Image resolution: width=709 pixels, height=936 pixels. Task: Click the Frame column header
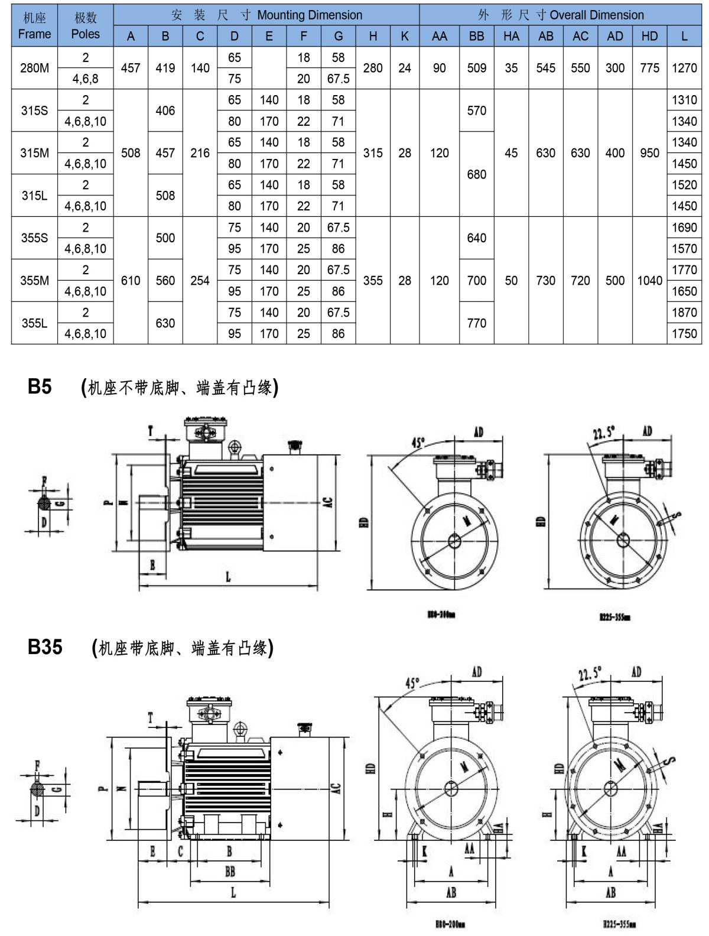click(34, 26)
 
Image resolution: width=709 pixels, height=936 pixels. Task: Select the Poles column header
click(85, 26)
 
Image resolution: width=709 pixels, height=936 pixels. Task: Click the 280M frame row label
click(34, 68)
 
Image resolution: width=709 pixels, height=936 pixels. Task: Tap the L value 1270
click(684, 68)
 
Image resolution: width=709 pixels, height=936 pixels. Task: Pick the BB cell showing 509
click(476, 68)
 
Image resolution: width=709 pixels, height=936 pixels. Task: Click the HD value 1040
click(649, 281)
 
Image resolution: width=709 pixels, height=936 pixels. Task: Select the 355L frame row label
click(34, 323)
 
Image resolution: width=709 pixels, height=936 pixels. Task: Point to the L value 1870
click(684, 313)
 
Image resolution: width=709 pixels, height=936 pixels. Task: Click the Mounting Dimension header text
click(309, 15)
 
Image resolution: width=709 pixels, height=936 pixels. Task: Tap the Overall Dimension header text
click(596, 15)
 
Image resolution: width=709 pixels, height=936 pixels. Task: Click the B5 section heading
click(40, 386)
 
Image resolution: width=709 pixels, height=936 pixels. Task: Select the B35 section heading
click(45, 647)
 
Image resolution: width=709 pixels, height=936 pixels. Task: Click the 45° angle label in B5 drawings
click(418, 442)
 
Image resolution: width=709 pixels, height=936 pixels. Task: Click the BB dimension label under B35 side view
click(230, 871)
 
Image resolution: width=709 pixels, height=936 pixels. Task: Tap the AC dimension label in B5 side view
click(329, 502)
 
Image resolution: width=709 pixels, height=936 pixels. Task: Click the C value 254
click(200, 281)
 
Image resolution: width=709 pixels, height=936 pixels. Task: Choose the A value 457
click(131, 68)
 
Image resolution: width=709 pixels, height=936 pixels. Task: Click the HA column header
click(511, 36)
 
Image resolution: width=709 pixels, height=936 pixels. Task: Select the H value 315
click(373, 153)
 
